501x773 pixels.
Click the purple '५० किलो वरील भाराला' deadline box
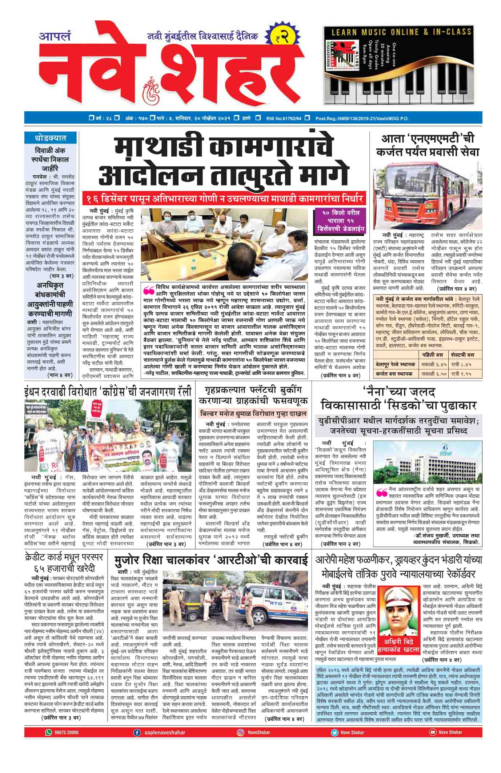tap(340, 220)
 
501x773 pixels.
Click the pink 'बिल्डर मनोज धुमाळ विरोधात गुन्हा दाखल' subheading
tap(253, 414)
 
